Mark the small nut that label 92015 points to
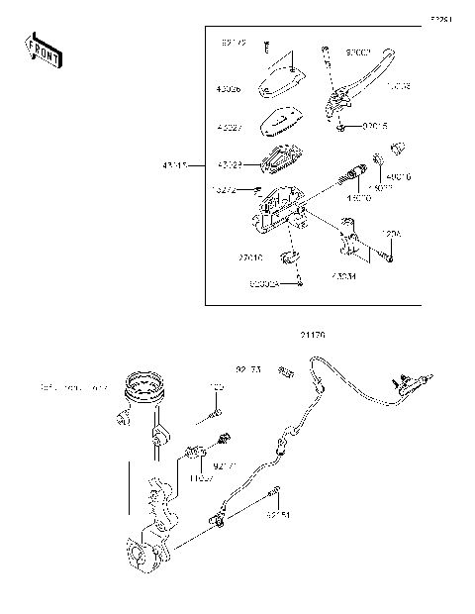341,127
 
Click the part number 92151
279,515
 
